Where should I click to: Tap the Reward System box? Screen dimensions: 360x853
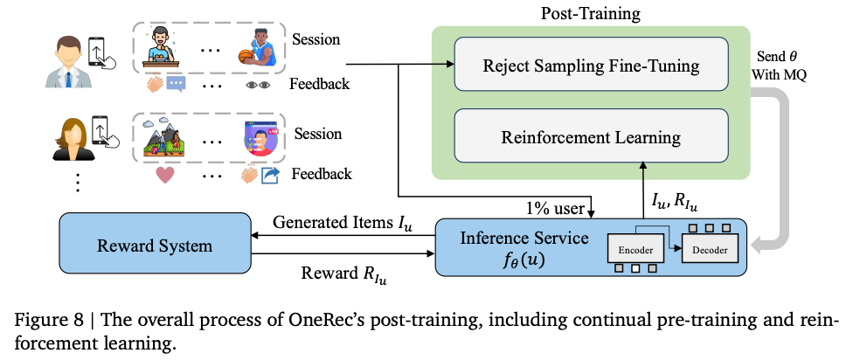pos(154,246)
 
